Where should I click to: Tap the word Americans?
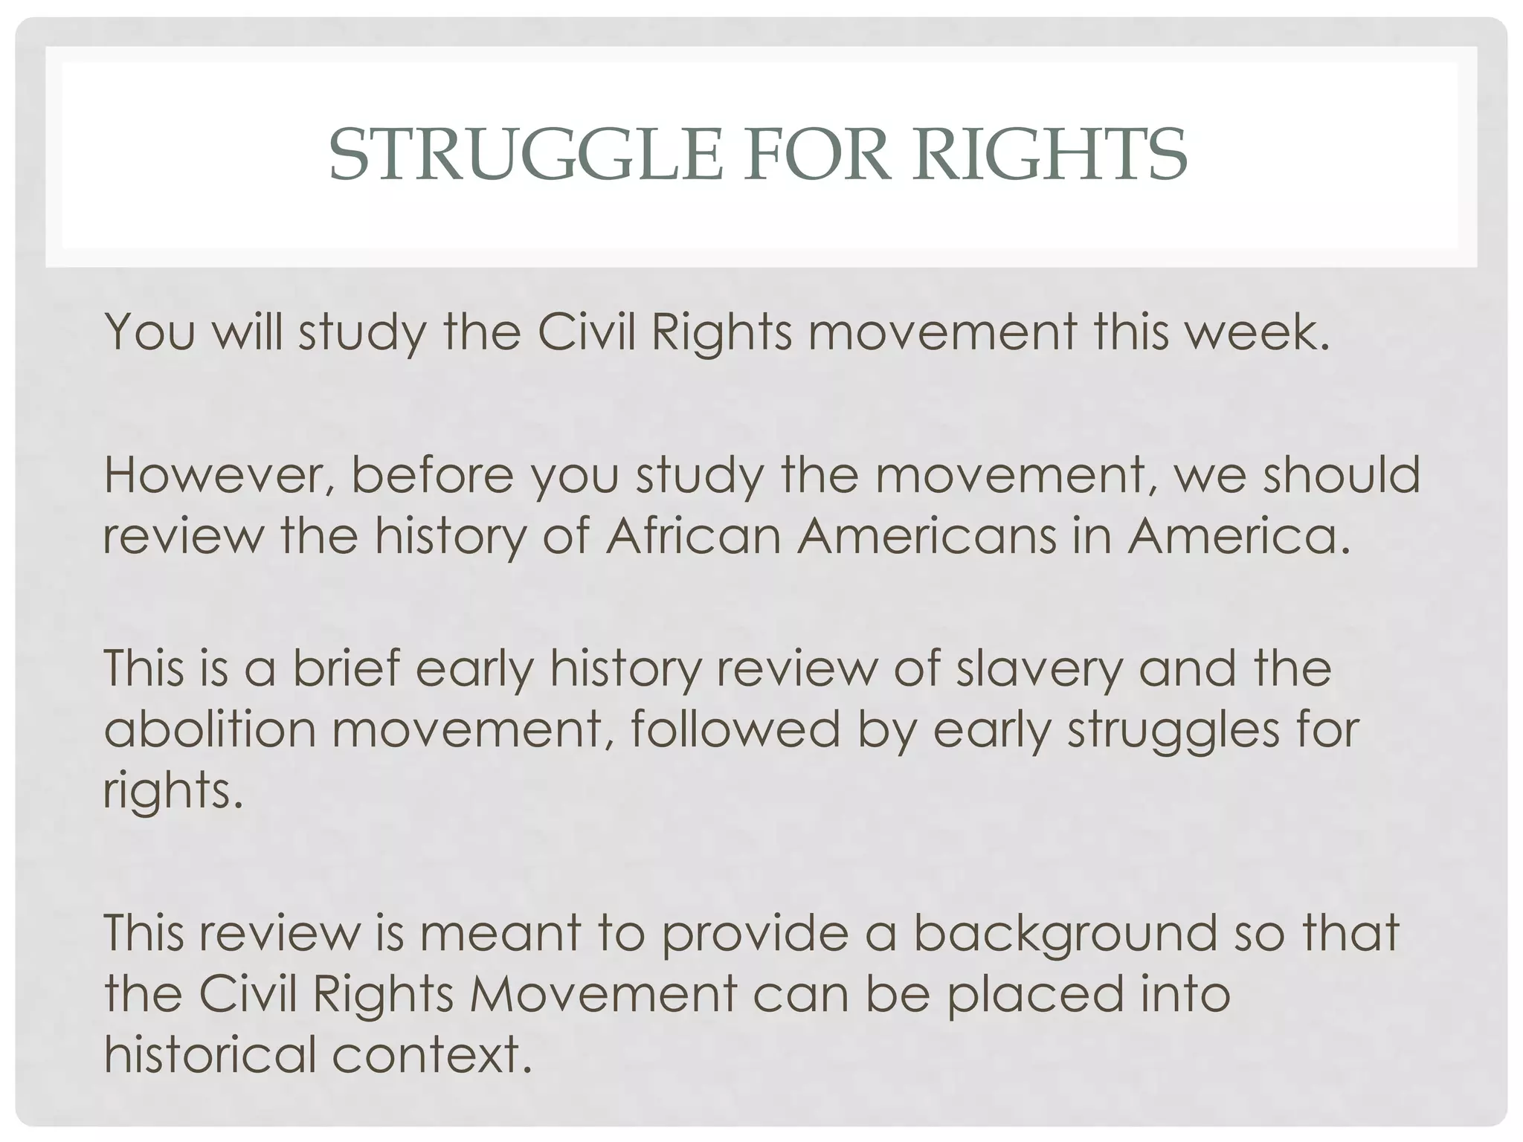coord(927,537)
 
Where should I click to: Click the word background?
coord(1064,934)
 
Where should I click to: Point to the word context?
coord(431,1055)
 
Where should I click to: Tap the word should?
coord(1342,476)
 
